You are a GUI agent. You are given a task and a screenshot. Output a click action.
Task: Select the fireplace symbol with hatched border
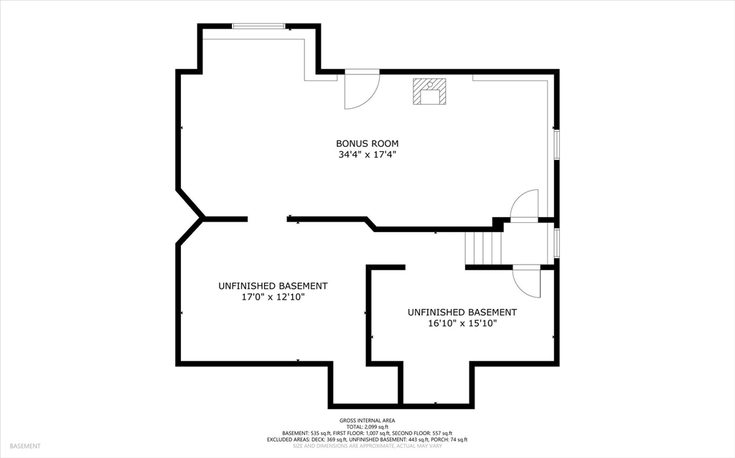(x=429, y=91)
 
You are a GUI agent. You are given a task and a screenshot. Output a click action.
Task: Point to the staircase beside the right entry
(x=482, y=248)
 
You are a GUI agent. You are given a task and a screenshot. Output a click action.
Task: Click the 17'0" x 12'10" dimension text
(x=273, y=297)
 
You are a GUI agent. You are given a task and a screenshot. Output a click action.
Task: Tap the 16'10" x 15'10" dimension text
(x=462, y=323)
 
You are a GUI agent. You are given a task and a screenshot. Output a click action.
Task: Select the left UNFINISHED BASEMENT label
(x=273, y=286)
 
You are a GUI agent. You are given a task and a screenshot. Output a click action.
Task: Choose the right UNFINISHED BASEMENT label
(x=462, y=313)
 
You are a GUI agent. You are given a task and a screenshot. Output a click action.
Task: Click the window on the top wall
(x=259, y=27)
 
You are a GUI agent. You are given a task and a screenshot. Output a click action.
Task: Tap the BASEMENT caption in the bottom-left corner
(x=24, y=446)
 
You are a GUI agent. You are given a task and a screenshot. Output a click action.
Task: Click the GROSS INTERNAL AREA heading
(x=367, y=421)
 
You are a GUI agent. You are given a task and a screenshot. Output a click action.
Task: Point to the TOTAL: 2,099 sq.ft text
(x=367, y=426)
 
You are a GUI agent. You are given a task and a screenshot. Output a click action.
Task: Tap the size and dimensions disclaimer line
(x=367, y=446)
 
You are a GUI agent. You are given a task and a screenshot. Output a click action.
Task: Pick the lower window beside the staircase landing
(x=556, y=243)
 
